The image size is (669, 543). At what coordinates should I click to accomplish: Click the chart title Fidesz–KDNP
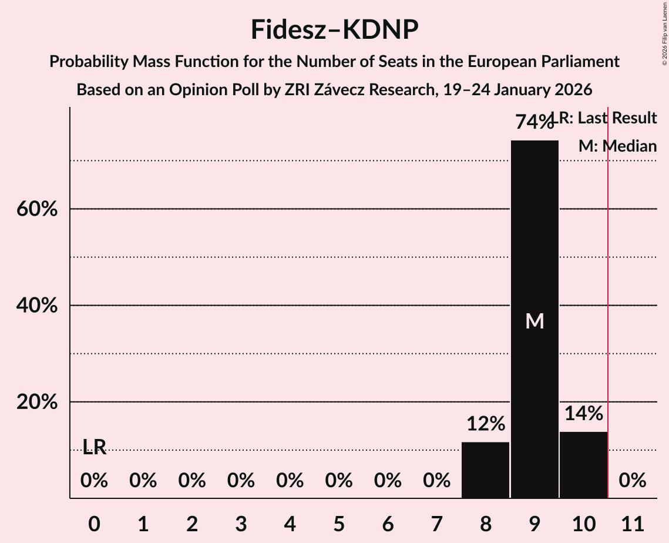(334, 29)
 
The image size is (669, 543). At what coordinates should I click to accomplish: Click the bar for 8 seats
(485, 470)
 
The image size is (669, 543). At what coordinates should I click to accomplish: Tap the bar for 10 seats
(583, 465)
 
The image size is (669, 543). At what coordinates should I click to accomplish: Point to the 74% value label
(534, 122)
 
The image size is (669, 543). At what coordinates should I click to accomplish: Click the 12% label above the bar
(485, 424)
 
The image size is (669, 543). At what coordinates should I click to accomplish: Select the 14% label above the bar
(583, 414)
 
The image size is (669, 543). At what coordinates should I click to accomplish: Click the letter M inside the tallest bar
(534, 321)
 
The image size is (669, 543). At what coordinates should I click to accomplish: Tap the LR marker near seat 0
(94, 447)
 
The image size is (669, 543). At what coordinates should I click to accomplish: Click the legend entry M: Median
(617, 146)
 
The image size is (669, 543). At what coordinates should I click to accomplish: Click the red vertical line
(608, 294)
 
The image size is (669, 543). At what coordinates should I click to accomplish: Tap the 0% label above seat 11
(633, 481)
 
